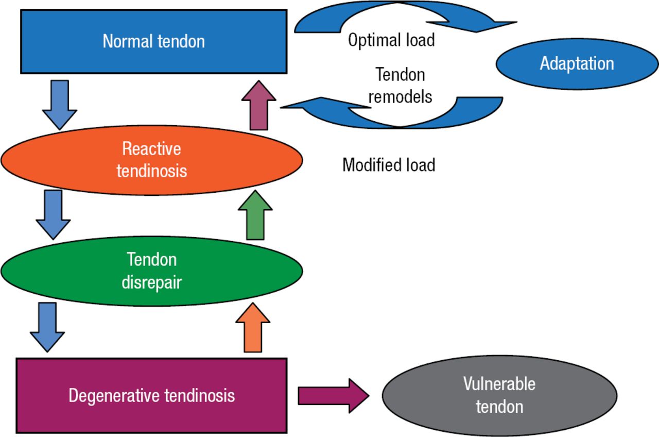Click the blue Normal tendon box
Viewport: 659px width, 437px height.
point(153,41)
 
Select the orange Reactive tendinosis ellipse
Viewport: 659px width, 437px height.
point(151,160)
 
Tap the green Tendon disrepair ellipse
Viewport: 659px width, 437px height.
point(151,271)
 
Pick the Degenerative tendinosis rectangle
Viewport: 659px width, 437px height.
point(151,396)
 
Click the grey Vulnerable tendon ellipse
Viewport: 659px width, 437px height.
point(499,395)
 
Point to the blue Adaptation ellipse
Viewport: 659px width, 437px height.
point(577,63)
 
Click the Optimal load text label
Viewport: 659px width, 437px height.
point(391,40)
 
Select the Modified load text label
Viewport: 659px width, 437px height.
point(389,165)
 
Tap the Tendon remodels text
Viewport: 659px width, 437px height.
point(400,86)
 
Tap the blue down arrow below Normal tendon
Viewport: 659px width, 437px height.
point(59,103)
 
